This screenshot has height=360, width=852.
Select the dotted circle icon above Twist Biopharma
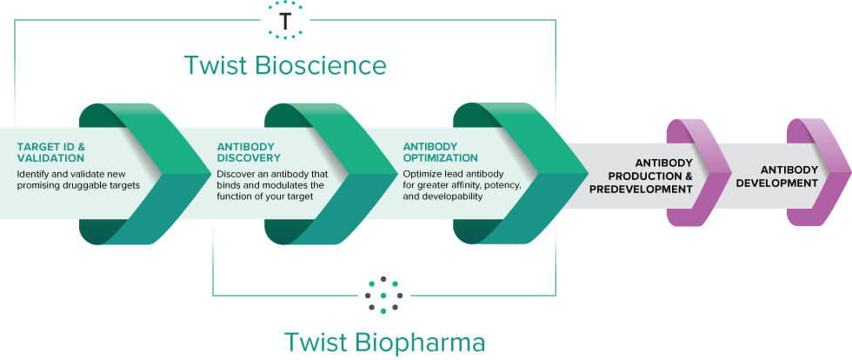[383, 296]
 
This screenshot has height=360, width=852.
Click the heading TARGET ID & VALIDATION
[50, 152]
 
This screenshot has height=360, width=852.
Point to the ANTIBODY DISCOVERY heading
[249, 152]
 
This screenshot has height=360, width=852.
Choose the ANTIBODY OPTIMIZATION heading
[440, 152]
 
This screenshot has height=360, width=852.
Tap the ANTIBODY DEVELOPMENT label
[789, 177]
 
